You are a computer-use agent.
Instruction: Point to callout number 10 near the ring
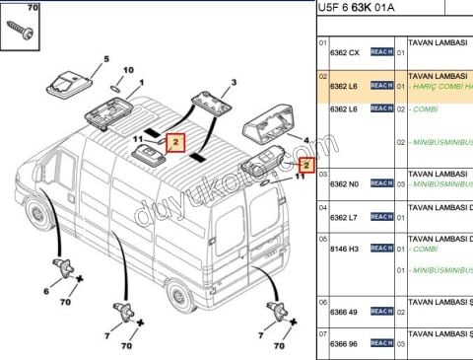click(127, 71)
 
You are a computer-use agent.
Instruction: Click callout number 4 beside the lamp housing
click(306, 141)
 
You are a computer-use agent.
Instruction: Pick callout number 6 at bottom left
click(45, 290)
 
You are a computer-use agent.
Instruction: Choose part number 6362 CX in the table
click(344, 50)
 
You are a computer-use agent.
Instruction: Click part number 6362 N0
click(344, 183)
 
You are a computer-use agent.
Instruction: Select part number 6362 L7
click(344, 215)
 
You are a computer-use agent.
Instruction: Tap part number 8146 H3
click(344, 249)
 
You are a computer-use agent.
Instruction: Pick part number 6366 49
click(344, 311)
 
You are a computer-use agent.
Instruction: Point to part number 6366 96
click(344, 343)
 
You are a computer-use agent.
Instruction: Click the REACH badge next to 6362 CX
click(381, 50)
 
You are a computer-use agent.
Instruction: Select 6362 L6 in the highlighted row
click(344, 87)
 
